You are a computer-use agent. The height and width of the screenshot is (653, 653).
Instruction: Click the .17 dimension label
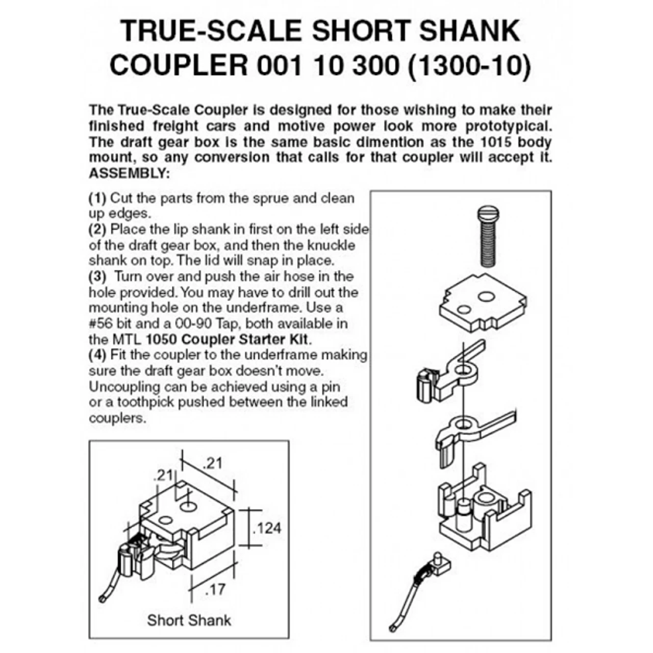(x=215, y=589)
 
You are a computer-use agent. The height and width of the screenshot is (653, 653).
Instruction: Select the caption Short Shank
(x=189, y=620)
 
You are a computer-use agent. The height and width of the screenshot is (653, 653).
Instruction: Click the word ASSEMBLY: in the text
(x=129, y=173)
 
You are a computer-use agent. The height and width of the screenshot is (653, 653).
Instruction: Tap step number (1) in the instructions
(x=97, y=198)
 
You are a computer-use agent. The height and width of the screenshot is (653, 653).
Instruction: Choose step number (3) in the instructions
(x=97, y=277)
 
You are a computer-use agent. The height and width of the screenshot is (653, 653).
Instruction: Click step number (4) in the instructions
(x=97, y=355)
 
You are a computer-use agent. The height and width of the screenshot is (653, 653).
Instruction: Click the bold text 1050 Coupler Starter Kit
(x=228, y=339)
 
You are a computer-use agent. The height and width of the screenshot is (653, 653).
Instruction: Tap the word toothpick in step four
(x=144, y=402)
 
